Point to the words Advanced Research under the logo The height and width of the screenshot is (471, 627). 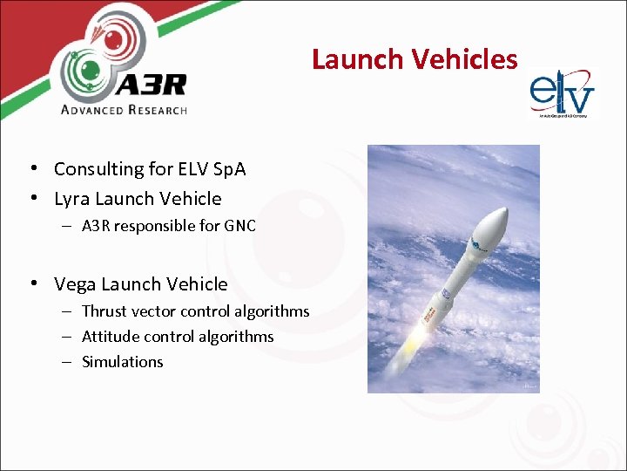click(124, 110)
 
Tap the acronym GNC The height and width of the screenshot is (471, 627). click(239, 226)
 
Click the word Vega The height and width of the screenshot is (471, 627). click(75, 284)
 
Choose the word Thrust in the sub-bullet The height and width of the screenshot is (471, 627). click(103, 311)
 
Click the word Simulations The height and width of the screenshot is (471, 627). click(122, 362)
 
